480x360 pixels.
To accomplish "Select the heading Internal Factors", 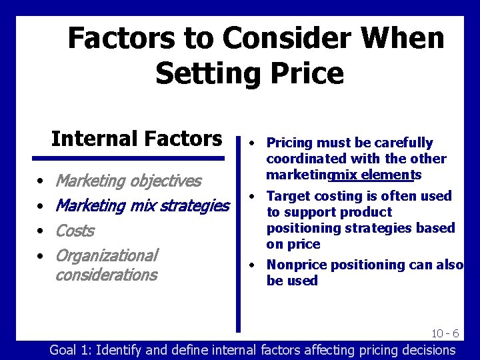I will pyautogui.click(x=137, y=139).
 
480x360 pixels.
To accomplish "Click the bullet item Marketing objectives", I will pyautogui.click(x=128, y=181).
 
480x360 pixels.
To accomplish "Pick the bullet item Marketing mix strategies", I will pyautogui.click(x=142, y=206).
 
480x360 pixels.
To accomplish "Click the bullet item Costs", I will pyautogui.click(x=75, y=231).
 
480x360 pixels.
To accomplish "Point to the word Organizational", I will pyautogui.click(x=107, y=255).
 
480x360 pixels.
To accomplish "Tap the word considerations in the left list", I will pyautogui.click(x=107, y=275).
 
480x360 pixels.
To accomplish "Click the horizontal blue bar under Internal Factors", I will pyautogui.click(x=129, y=159).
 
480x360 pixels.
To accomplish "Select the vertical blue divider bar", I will pyautogui.click(x=238, y=233).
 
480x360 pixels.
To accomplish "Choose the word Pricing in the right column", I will pyautogui.click(x=289, y=143).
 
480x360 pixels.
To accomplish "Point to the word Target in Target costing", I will pyautogui.click(x=287, y=196).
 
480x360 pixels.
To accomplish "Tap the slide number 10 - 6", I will pyautogui.click(x=445, y=333).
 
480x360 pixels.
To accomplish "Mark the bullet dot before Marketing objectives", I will pyautogui.click(x=41, y=181).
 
